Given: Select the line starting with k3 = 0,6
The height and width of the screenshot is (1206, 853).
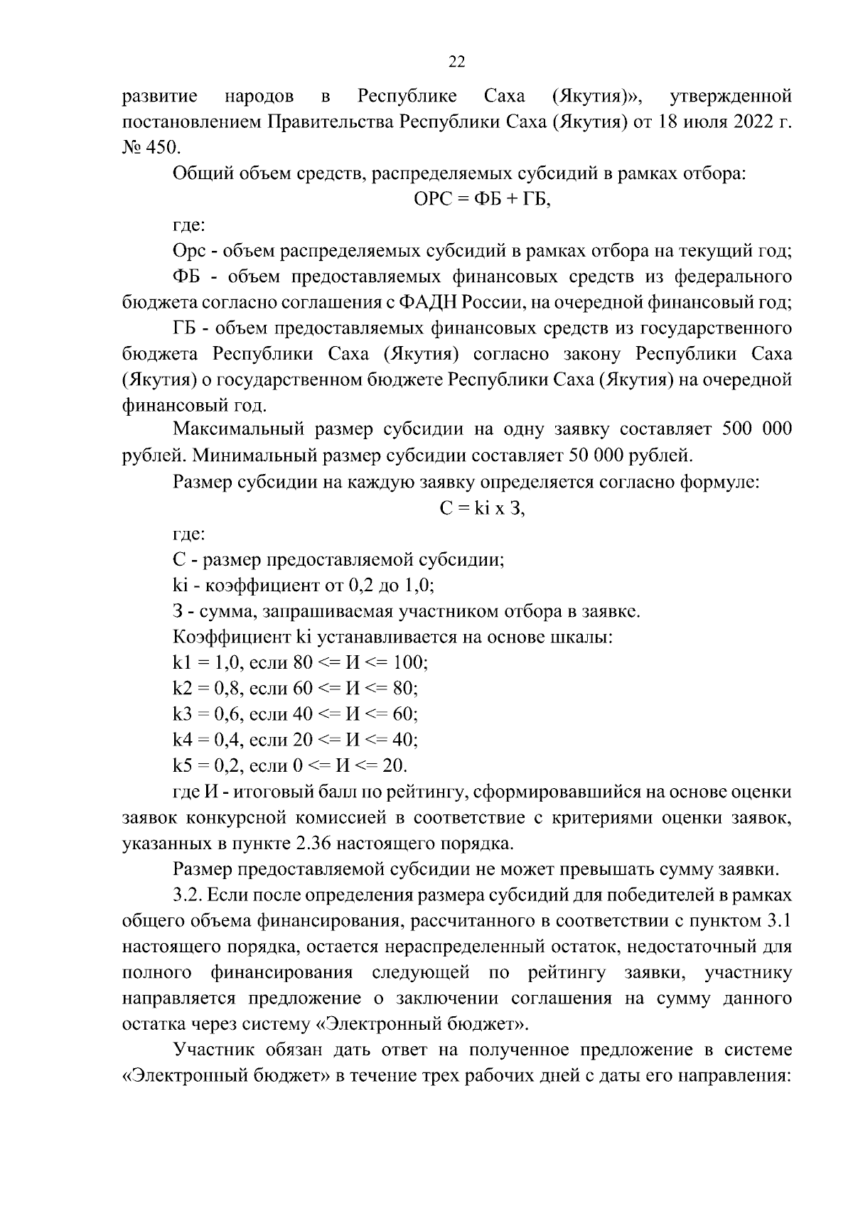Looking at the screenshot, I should click(x=295, y=714).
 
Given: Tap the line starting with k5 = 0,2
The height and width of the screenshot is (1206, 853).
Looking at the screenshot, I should click(x=290, y=766).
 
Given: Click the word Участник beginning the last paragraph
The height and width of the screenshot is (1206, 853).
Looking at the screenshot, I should click(x=214, y=1050).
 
